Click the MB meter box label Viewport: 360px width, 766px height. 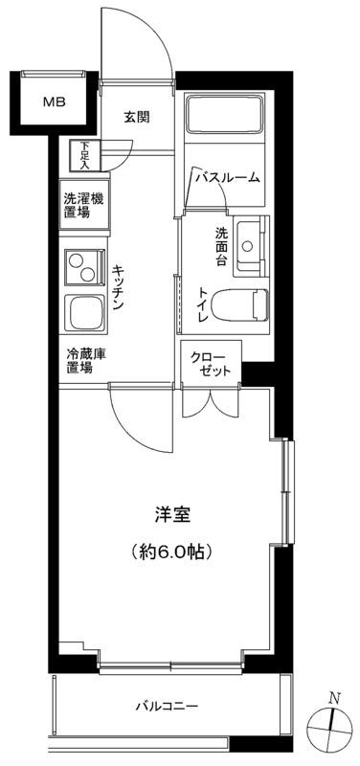[x=55, y=102]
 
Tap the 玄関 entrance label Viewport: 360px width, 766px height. [x=136, y=117]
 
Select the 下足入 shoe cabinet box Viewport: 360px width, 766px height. [x=84, y=156]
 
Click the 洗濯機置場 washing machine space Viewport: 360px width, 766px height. [x=83, y=205]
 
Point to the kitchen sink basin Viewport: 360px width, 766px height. [x=85, y=312]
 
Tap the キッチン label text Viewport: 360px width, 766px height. [x=118, y=287]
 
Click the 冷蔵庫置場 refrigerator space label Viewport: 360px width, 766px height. [x=86, y=362]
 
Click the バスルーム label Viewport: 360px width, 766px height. [x=228, y=178]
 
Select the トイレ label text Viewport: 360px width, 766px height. [x=203, y=305]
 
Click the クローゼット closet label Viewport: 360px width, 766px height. [x=210, y=363]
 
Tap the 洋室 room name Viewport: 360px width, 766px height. [x=172, y=514]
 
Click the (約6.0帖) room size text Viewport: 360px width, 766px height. [x=172, y=552]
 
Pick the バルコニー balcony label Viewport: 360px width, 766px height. [x=167, y=706]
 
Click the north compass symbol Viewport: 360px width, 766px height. [x=329, y=728]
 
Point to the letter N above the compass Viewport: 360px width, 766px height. [x=334, y=698]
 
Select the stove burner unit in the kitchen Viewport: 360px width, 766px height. [x=85, y=267]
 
